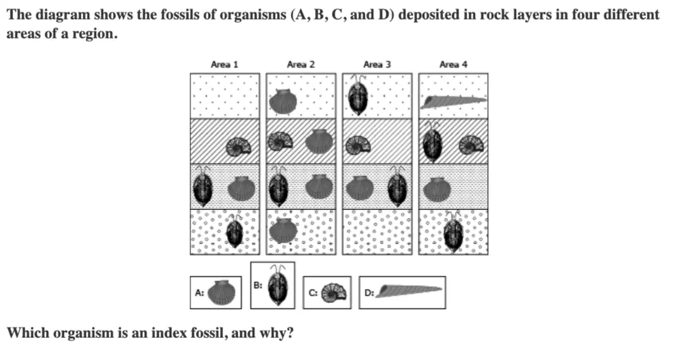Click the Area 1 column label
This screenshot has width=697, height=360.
pyautogui.click(x=225, y=65)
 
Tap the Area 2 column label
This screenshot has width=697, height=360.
pyautogui.click(x=301, y=65)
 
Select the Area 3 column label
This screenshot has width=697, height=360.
pyautogui.click(x=377, y=65)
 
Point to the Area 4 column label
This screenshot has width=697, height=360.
pyautogui.click(x=453, y=65)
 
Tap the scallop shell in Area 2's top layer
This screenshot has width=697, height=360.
pyautogui.click(x=283, y=101)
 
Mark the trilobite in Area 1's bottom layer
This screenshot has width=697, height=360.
pyautogui.click(x=234, y=230)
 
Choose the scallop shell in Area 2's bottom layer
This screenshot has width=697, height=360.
pyautogui.click(x=283, y=231)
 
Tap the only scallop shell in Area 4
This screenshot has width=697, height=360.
pyautogui.click(x=438, y=190)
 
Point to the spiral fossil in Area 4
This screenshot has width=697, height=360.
pyautogui.click(x=471, y=145)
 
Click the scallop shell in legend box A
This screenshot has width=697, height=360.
pyautogui.click(x=221, y=292)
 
